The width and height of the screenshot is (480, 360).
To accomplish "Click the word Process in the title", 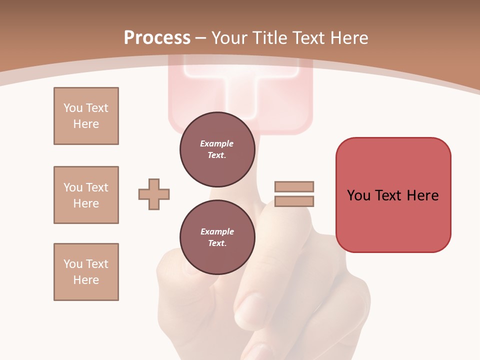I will [x=157, y=38].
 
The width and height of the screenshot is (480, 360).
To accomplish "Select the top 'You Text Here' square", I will [x=86, y=116].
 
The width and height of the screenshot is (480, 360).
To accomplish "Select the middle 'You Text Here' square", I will [x=86, y=195].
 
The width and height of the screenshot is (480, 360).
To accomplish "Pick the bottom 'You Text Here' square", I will [x=86, y=272].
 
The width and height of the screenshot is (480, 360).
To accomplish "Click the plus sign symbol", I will [x=154, y=194].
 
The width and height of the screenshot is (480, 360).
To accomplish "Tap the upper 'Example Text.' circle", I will [x=217, y=149].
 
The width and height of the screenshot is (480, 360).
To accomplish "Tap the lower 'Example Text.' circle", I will [x=217, y=237].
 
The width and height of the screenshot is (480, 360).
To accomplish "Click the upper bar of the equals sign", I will [x=294, y=186].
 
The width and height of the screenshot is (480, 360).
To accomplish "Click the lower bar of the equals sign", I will [x=294, y=201].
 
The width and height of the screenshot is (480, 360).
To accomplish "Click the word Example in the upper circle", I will [x=217, y=143].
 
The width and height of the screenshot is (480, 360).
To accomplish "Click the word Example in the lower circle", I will [x=217, y=231].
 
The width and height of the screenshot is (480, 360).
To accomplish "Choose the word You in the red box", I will [x=358, y=195].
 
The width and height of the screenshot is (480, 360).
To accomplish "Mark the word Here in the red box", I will [x=422, y=195].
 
